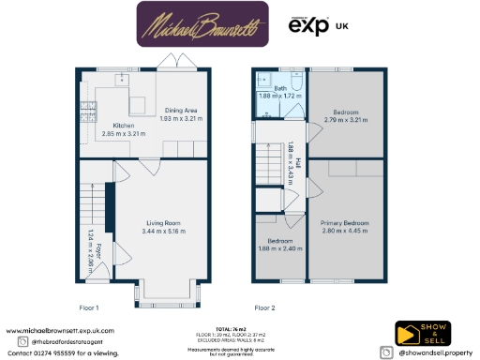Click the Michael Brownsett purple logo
click(201, 24)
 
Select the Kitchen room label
click(125, 126)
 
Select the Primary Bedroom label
click(346, 223)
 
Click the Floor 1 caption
click(89, 307)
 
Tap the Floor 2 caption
click(266, 307)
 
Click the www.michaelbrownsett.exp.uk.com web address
click(60, 331)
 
